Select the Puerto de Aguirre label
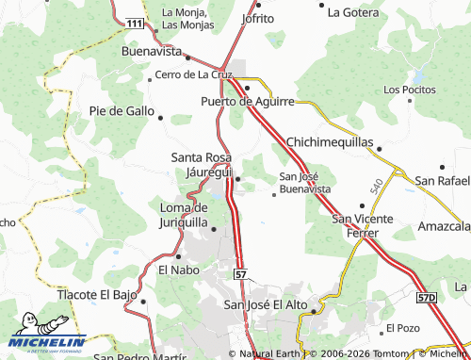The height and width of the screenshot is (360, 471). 248,101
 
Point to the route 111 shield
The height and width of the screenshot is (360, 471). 137,22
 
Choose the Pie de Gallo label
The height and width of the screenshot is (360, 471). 122,110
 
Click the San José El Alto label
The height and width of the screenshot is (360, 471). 266,304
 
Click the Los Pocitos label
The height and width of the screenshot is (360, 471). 410,90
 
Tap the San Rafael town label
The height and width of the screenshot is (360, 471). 443,180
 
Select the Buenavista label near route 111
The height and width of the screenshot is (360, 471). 152,52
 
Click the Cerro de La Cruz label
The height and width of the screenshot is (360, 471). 194,74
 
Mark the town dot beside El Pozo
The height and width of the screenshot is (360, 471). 379,328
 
